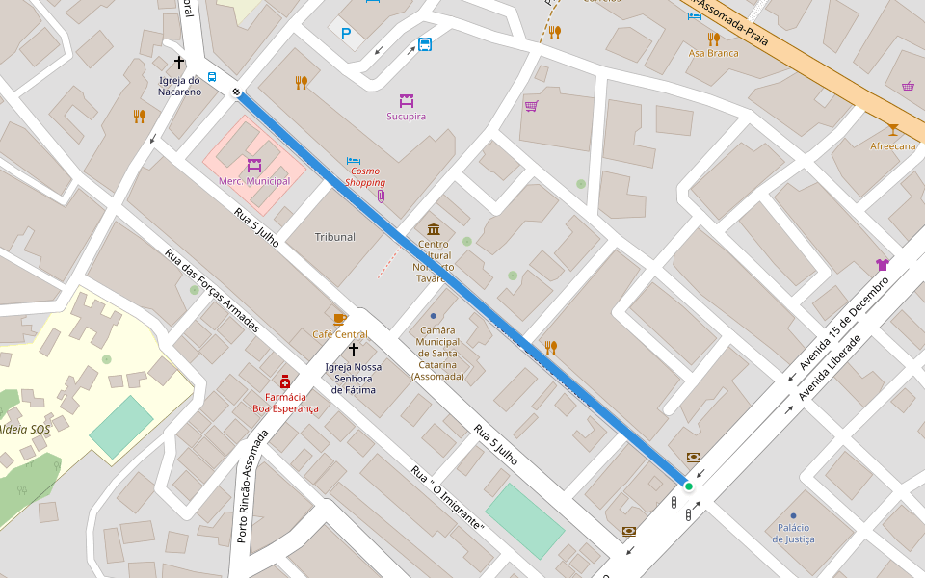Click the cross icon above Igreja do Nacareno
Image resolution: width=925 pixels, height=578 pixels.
coord(179,62)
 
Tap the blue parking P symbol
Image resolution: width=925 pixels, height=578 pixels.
coord(346,34)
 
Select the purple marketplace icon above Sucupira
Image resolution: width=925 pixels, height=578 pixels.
coord(406,100)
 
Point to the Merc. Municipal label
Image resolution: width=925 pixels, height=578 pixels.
coord(254,181)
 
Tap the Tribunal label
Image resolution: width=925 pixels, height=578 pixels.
coord(334,237)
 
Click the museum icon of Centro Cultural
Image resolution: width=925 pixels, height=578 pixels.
coord(434,229)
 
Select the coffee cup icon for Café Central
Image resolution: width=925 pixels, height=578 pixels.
coord(339,319)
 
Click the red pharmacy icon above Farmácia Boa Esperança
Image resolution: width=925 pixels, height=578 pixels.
coord(285,381)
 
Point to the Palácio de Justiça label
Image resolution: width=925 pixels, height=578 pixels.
coord(793,533)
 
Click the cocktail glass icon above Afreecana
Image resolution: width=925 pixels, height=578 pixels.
coord(893,130)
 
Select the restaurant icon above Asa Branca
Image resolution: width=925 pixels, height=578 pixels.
coord(713,39)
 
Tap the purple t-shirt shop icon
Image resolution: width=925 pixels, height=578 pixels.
coord(882,264)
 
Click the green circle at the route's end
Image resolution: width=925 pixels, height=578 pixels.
coord(689,486)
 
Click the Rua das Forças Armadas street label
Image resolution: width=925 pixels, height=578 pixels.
coord(212,290)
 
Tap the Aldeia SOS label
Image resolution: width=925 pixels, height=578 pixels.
coord(24,429)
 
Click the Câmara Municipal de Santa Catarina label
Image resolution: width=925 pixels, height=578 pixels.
coord(437,353)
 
